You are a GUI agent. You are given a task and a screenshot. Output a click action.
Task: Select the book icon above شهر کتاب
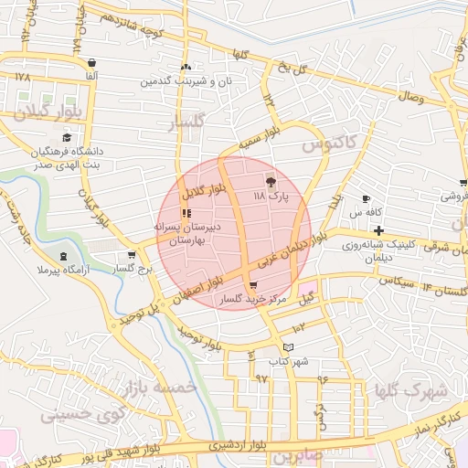click(x=289, y=347)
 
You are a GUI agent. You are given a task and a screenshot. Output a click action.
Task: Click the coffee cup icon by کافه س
click(x=367, y=199)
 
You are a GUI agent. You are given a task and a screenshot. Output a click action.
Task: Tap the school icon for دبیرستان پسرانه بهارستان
click(x=186, y=212)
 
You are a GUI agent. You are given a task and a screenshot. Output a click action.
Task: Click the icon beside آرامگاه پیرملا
click(x=62, y=257)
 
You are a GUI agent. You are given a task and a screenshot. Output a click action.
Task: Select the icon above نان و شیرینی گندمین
click(x=186, y=67)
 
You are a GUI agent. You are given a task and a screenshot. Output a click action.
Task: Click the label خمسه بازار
click(x=165, y=388)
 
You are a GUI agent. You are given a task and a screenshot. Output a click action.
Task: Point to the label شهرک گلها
click(x=411, y=391)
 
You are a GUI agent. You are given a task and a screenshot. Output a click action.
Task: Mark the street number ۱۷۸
click(x=23, y=77)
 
